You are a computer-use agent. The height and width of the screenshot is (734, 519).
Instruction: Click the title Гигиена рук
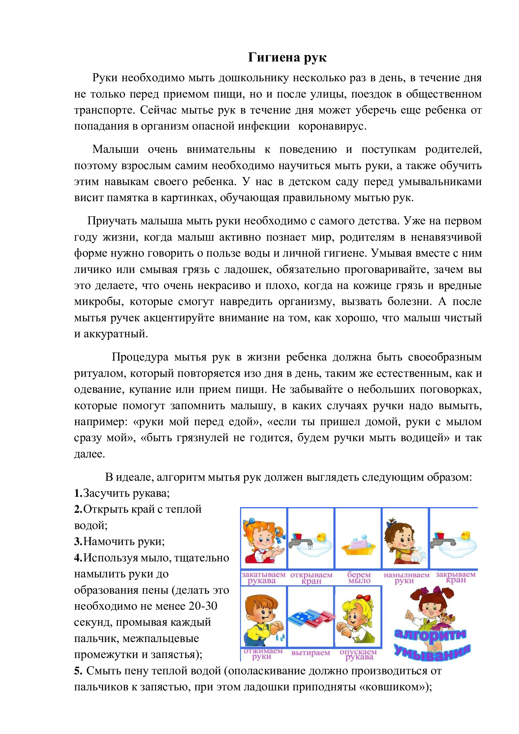(x=287, y=58)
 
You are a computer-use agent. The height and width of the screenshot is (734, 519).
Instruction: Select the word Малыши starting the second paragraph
(x=115, y=149)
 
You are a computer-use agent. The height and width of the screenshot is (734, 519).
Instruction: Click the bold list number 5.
(x=78, y=671)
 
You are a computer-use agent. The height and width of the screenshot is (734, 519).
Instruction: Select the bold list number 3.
(x=78, y=542)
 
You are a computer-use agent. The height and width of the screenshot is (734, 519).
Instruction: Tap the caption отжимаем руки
(x=263, y=653)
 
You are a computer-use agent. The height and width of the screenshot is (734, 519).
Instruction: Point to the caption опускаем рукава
(x=358, y=654)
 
